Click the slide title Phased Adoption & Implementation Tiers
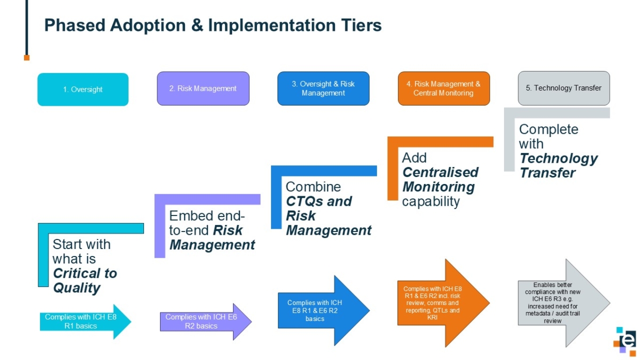point(213,25)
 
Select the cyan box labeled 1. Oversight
point(83,90)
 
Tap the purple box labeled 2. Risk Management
point(203,89)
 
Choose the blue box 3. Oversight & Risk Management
point(323,89)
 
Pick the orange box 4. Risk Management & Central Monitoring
point(443,89)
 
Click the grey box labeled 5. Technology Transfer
point(564,88)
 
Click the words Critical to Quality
point(84,281)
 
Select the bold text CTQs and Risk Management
point(328,216)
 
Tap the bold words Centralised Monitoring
point(440,180)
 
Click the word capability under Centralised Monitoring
point(430,201)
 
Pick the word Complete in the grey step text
point(548,130)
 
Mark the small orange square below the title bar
point(27,57)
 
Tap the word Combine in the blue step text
point(313,187)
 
